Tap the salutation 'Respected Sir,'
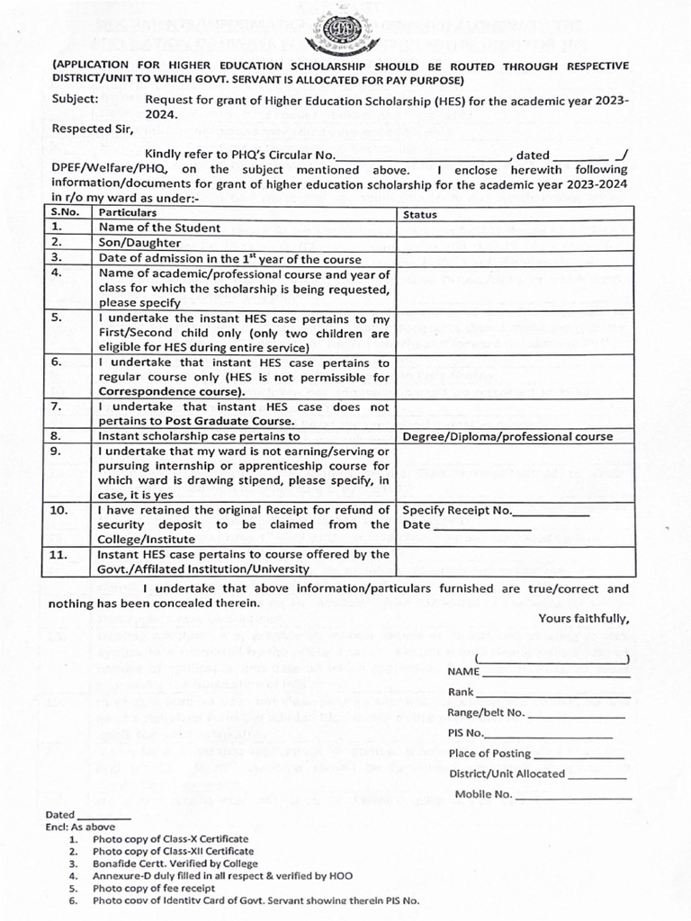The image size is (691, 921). pos(93,129)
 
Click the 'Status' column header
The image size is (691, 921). pos(419,214)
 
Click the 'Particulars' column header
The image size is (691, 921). pos(128,213)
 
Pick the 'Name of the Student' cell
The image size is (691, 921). pos(159,228)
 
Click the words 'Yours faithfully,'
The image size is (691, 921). pos(583,618)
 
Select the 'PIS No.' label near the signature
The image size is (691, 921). pos(466,733)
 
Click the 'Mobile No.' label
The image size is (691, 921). pos(483,794)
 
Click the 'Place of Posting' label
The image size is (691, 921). pos(489,754)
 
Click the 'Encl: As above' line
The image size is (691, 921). pos(81,826)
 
